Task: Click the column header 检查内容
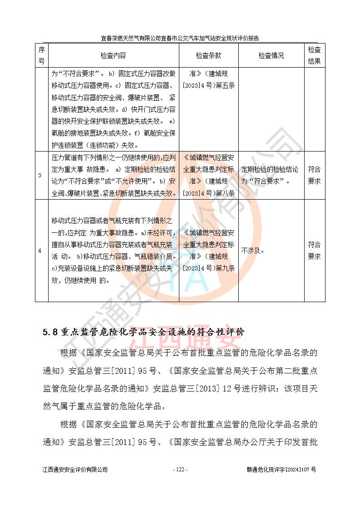click(x=113, y=55)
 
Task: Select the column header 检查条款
click(x=208, y=55)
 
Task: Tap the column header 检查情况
click(x=271, y=55)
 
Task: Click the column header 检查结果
click(x=314, y=55)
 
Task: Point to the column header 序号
click(x=41, y=55)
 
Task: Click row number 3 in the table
click(x=40, y=176)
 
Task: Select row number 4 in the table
click(x=40, y=250)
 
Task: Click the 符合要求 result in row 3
click(x=314, y=175)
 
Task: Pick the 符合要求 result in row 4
click(x=314, y=250)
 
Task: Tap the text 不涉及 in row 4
click(x=252, y=250)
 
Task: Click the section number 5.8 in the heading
click(x=49, y=332)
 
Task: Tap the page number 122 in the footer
click(x=180, y=470)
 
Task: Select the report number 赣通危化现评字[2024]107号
click(x=278, y=470)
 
